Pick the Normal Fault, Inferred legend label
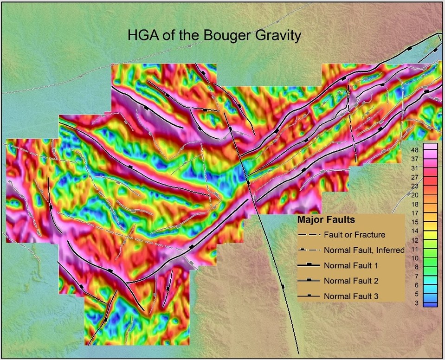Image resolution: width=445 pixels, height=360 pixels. click(364, 250)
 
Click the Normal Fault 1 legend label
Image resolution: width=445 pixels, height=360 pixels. click(350, 265)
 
